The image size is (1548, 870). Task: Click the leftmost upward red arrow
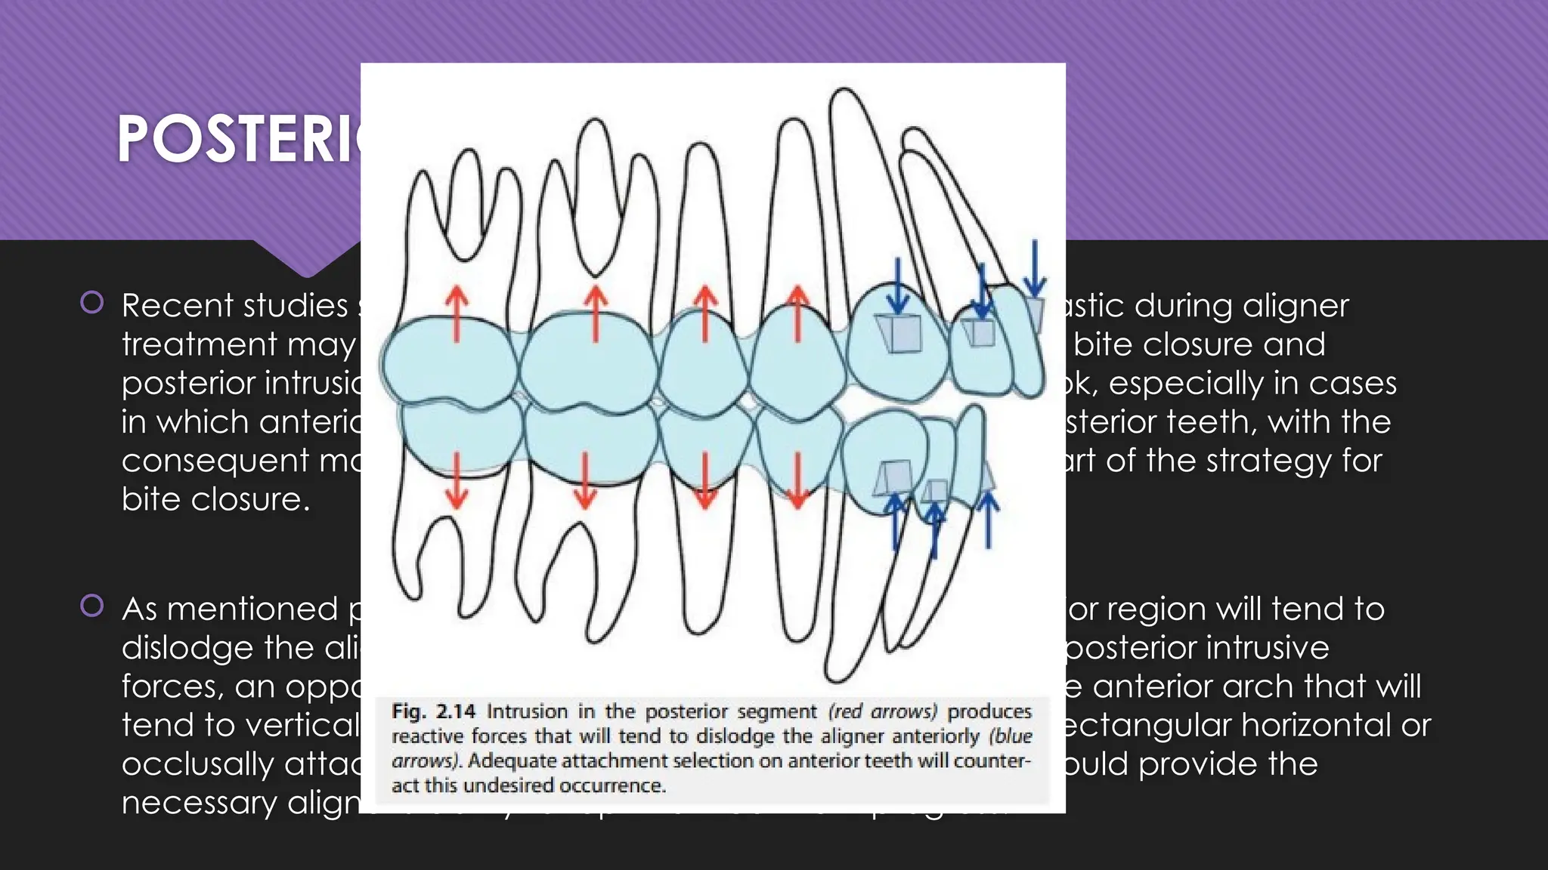[456, 313]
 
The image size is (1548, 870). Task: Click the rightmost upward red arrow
[797, 313]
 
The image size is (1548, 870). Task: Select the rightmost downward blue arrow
[1035, 268]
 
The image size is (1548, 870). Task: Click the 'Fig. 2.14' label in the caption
[433, 711]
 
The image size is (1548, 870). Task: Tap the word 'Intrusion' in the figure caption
[527, 711]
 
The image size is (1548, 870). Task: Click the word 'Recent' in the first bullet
[170, 306]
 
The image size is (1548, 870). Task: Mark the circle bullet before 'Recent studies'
[92, 303]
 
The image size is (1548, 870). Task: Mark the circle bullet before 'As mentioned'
[92, 606]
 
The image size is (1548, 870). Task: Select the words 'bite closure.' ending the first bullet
[215, 499]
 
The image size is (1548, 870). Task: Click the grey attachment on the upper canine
[899, 333]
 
